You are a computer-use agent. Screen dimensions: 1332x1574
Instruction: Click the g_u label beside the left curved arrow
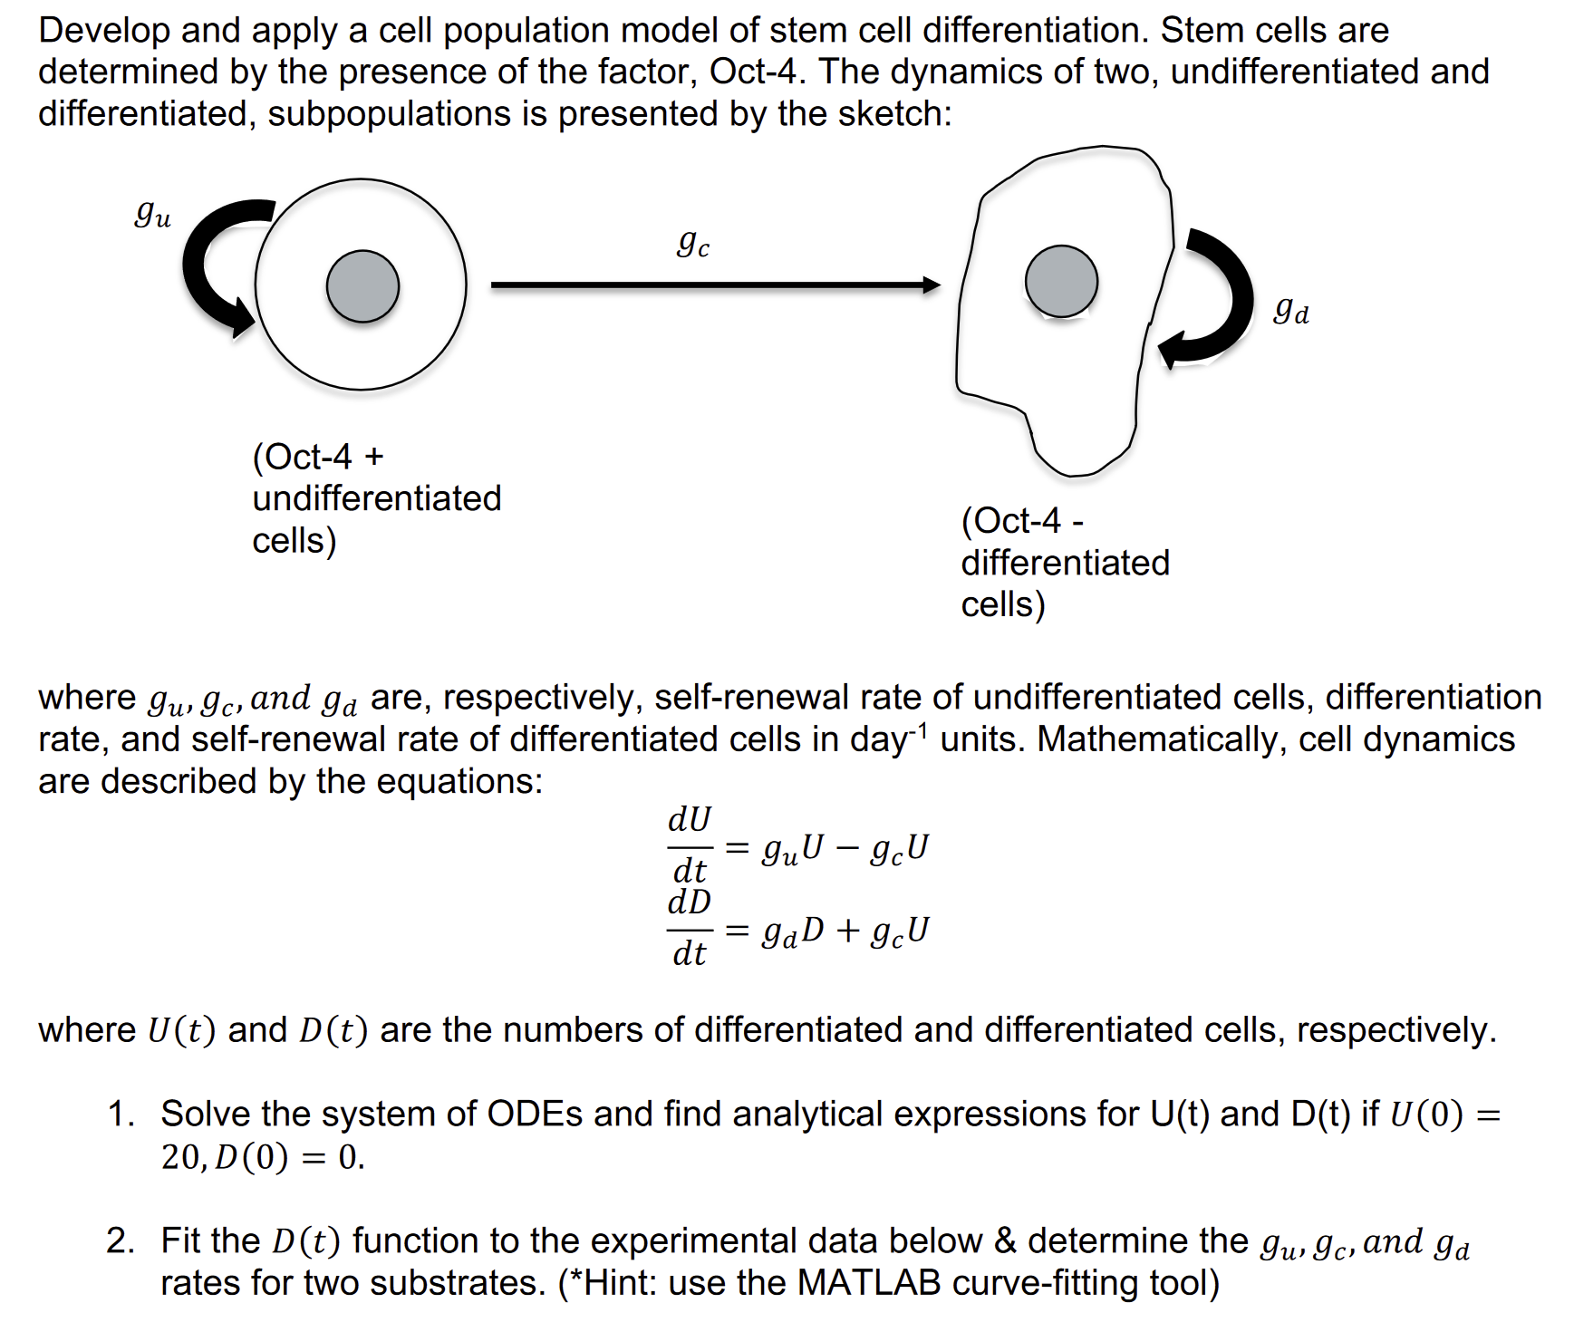[152, 216]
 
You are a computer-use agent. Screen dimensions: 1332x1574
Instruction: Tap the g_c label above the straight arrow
[693, 244]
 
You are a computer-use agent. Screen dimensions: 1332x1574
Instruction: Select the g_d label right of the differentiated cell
[1290, 312]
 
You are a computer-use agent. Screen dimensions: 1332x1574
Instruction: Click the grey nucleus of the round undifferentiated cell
[362, 286]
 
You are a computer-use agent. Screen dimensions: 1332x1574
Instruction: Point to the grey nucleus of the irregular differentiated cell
[1061, 281]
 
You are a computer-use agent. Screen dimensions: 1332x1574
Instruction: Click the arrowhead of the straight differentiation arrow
[932, 285]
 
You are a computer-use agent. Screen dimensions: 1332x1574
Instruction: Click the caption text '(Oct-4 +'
[318, 456]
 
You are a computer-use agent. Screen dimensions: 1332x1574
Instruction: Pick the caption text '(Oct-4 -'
[1022, 520]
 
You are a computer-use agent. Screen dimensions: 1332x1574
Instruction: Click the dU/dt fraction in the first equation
[690, 845]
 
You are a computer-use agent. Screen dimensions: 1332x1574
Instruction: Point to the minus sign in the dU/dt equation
[846, 849]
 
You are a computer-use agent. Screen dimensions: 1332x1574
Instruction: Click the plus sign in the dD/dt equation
[848, 931]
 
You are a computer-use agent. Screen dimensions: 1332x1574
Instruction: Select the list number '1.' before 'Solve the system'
[121, 1114]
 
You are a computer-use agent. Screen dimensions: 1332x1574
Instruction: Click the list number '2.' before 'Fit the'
[121, 1240]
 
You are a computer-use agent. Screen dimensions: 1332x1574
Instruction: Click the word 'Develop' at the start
[103, 31]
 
